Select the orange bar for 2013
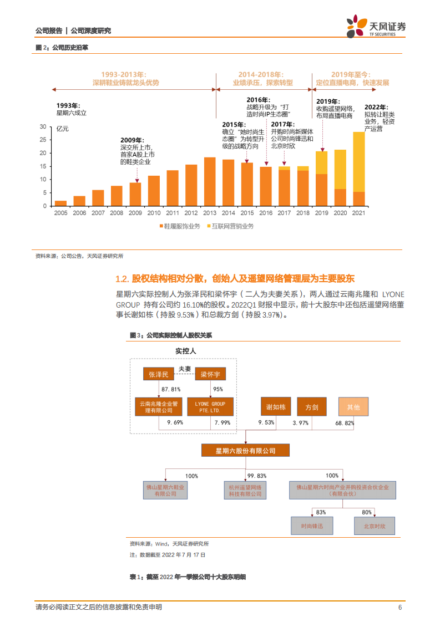point(210,181)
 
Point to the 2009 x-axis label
point(135,212)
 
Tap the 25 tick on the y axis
point(43,140)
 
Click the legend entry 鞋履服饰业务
point(180,226)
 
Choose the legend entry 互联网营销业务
point(232,226)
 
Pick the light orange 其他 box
point(353,407)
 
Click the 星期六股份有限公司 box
point(245,451)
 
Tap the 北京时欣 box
point(374,525)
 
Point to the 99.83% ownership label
point(257,476)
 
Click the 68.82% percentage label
point(360,423)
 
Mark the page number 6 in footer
point(399,607)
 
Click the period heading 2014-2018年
point(260,74)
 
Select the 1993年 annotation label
point(68,105)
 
